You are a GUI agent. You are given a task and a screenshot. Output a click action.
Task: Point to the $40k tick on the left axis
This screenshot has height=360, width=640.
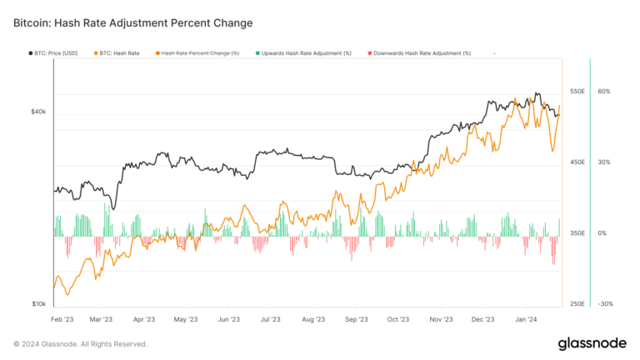(x=38, y=112)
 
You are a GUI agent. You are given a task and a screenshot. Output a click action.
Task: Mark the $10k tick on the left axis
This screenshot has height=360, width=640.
(x=38, y=304)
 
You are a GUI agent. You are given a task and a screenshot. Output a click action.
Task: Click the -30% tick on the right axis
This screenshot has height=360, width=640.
(x=605, y=304)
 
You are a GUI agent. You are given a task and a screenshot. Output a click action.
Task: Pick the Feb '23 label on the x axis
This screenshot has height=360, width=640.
(x=62, y=318)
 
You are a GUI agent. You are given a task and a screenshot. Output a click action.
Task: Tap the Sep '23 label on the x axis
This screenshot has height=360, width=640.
(x=357, y=318)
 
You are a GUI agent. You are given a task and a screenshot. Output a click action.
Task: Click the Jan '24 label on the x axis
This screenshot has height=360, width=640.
(x=526, y=318)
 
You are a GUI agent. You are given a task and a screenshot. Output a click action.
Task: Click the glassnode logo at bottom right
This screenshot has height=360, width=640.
(x=592, y=343)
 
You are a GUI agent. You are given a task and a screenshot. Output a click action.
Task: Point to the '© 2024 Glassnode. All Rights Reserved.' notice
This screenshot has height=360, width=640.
(x=80, y=343)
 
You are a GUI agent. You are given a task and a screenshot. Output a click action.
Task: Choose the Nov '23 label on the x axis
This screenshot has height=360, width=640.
(x=441, y=318)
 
